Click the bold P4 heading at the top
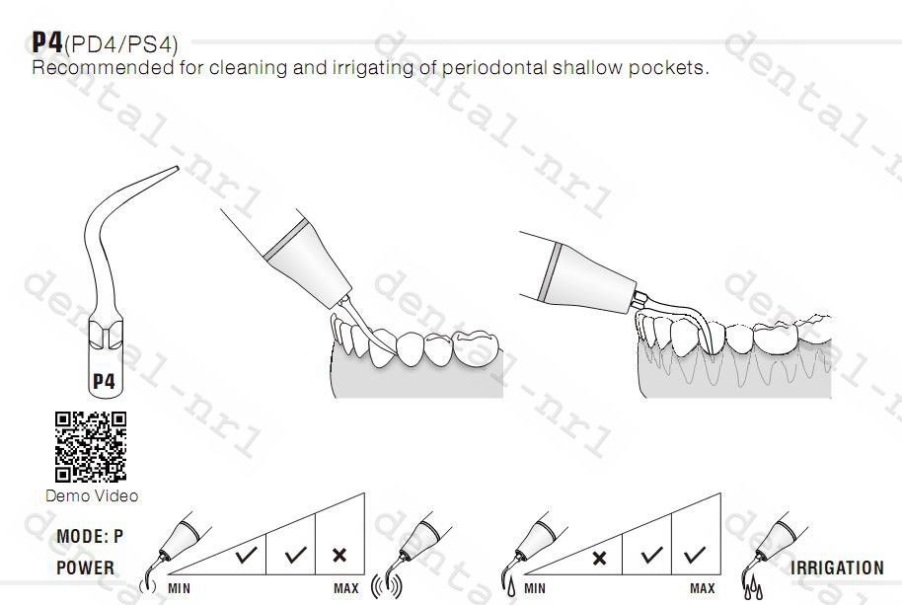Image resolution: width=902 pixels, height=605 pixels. (x=46, y=42)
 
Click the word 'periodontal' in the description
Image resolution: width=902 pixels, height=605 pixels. (x=494, y=68)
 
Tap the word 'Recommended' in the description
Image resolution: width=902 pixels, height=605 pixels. (x=103, y=67)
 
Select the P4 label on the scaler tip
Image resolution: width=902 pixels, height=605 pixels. (x=105, y=381)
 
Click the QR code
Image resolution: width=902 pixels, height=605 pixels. (x=91, y=446)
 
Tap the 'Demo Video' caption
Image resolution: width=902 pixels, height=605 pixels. (x=92, y=495)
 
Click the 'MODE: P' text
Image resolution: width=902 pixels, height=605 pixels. (x=90, y=537)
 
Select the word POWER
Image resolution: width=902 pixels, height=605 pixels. (x=85, y=567)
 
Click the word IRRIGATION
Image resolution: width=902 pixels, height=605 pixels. (x=837, y=568)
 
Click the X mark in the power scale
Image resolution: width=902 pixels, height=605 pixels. (x=339, y=555)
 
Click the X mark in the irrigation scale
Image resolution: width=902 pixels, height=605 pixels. (x=599, y=558)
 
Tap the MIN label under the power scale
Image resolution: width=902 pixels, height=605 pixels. (x=179, y=589)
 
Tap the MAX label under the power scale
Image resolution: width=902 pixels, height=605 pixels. (x=346, y=589)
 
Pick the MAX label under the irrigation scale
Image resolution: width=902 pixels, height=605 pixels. (x=703, y=589)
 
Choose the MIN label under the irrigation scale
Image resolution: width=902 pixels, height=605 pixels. (x=535, y=589)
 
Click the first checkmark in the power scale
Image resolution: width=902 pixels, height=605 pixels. (x=247, y=555)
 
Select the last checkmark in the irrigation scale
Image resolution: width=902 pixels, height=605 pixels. (x=695, y=555)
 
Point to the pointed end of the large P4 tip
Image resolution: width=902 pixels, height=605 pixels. (x=178, y=168)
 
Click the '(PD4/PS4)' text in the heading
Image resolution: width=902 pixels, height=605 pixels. (x=121, y=44)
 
